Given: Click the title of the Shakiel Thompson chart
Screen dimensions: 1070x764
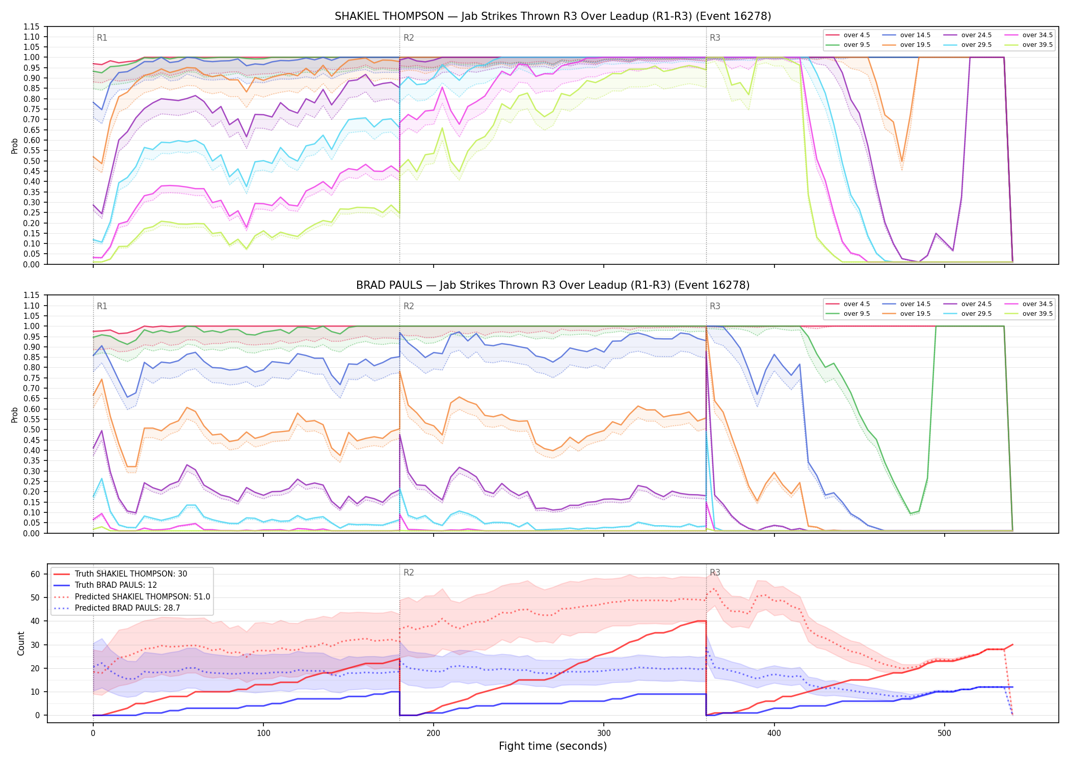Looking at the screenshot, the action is coord(553,16).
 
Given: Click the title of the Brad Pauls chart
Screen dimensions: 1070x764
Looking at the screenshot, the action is coord(553,285).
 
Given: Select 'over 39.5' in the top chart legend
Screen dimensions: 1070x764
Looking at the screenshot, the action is coord(1037,45).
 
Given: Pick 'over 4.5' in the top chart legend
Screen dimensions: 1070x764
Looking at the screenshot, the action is coord(857,35).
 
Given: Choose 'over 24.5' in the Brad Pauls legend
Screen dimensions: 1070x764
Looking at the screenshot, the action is coord(976,304).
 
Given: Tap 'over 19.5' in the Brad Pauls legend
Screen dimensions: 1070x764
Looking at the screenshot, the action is coord(915,314).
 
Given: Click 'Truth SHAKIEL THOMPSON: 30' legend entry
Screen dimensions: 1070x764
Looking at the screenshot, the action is coord(131,574).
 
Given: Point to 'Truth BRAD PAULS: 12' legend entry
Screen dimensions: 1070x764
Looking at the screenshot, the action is coord(116,585).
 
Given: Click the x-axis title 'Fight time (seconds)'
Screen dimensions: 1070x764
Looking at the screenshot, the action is coord(553,746).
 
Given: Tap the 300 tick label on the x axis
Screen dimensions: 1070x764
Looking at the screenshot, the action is coord(604,733).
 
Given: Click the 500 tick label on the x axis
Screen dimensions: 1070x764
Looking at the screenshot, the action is coord(944,733).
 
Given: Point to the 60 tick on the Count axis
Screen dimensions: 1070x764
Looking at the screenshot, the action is coord(35,574).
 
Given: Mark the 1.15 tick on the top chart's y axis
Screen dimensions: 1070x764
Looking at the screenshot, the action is coord(32,26).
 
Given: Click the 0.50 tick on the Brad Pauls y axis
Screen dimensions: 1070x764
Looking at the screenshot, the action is coord(32,429).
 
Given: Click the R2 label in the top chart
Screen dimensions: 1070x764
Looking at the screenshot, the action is coord(409,38).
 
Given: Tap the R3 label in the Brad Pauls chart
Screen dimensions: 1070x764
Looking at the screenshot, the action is coord(715,306).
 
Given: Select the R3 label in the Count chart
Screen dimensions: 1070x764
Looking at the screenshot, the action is coord(715,572).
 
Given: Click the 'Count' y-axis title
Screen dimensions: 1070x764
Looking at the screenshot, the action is coord(21,643).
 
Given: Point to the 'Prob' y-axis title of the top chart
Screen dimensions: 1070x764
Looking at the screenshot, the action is coord(15,146).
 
